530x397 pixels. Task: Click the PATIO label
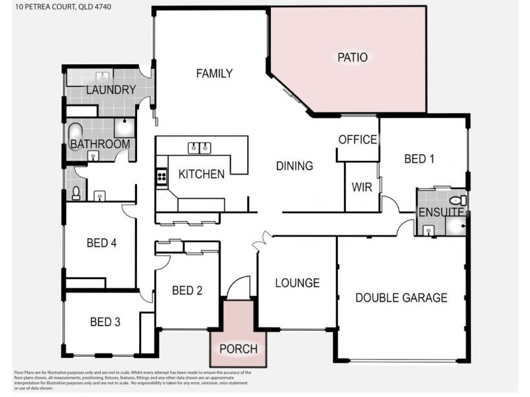(x=352, y=58)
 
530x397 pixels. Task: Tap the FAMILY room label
(x=214, y=73)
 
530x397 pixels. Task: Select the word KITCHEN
(x=201, y=174)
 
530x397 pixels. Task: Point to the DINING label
(x=294, y=166)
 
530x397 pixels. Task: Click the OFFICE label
(x=357, y=140)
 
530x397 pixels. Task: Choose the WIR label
(x=361, y=187)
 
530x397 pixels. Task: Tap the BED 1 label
(x=419, y=159)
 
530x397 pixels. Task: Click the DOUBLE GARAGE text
(x=401, y=298)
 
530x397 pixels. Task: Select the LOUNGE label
(x=297, y=283)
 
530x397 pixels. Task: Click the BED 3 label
(x=105, y=322)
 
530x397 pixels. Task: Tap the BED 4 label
(x=102, y=243)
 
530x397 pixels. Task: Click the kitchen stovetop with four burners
(x=161, y=176)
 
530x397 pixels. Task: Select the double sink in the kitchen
(x=199, y=147)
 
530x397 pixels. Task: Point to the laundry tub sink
(x=103, y=76)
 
